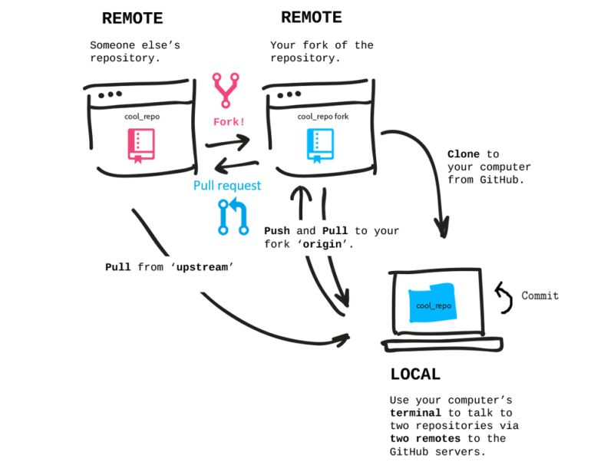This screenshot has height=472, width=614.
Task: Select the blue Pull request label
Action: coord(226,186)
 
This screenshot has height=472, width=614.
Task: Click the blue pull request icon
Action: coord(233,216)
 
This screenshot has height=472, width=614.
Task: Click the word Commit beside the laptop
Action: coord(540,295)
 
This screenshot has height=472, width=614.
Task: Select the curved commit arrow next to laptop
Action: coord(503,298)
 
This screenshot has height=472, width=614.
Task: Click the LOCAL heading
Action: coord(415,375)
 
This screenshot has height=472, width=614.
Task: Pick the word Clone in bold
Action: coord(463,154)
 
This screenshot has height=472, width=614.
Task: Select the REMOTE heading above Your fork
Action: coord(312,17)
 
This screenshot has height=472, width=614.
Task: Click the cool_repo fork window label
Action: coord(322,117)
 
